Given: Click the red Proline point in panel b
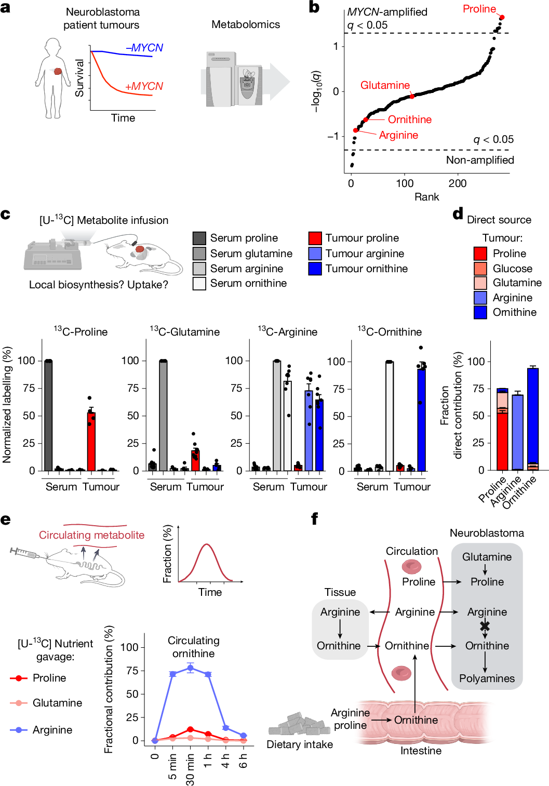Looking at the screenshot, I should [502, 17].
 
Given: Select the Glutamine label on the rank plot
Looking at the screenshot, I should [385, 85].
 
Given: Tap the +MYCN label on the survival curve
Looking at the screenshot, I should [144, 86].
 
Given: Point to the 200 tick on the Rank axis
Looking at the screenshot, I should [458, 183].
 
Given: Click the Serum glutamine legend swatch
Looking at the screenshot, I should [199, 254].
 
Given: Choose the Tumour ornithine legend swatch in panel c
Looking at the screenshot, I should [315, 269].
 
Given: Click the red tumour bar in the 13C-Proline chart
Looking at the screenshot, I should [91, 442].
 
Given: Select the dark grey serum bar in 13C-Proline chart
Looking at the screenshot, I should [48, 416].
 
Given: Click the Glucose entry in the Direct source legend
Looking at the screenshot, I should [512, 269].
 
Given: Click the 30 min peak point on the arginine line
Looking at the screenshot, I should [190, 668].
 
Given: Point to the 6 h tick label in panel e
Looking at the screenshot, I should [243, 761].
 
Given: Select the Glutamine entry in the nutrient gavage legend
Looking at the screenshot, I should [57, 703].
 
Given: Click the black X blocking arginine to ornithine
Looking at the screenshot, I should [485, 626].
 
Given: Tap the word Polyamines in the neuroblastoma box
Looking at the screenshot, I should [487, 678].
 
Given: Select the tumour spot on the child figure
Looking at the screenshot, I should [58, 71].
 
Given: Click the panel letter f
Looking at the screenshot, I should [314, 518].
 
